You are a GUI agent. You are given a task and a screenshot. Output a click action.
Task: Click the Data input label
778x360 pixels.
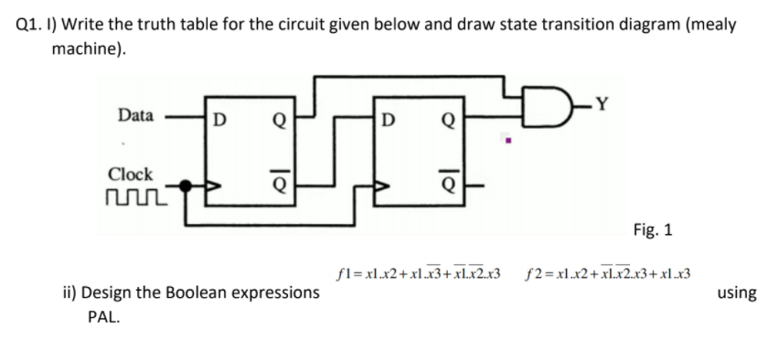coord(135,115)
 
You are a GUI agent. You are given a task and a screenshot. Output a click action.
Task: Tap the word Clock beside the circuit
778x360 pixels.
coord(131,173)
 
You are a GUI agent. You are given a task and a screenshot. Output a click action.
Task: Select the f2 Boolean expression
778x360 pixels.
coord(608,272)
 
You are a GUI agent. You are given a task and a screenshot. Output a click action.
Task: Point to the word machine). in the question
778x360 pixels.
coord(88,48)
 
